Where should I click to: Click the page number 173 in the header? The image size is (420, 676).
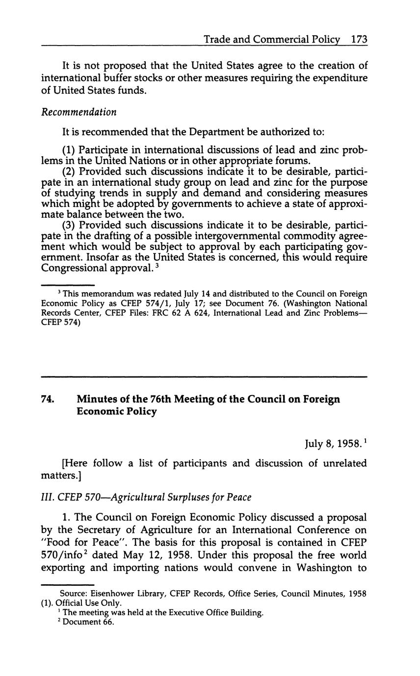pos(359,40)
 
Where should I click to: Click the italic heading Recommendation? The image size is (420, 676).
pos(79,112)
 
